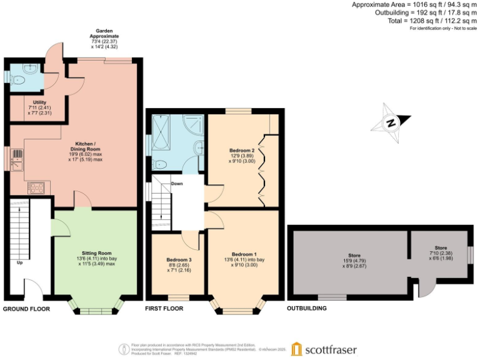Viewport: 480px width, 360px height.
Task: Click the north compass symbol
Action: pyautogui.click(x=390, y=123)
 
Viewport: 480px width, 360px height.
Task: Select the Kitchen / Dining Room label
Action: pyautogui.click(x=85, y=151)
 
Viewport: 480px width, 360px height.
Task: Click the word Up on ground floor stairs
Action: pyautogui.click(x=20, y=262)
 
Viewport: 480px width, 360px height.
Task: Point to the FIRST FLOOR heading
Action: pyautogui.click(x=164, y=309)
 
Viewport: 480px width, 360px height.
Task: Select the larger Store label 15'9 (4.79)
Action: pyautogui.click(x=354, y=259)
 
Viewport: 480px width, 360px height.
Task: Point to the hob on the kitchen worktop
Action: pyautogui.click(x=35, y=186)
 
